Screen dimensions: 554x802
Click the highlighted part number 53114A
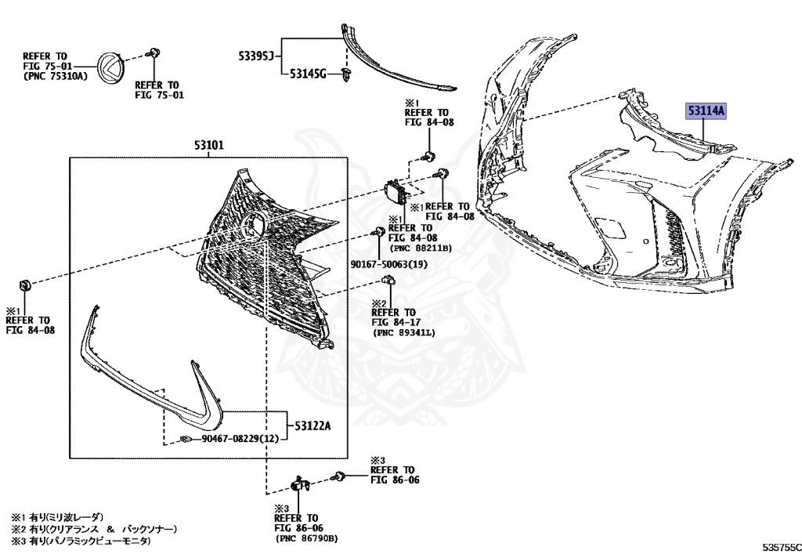(706, 113)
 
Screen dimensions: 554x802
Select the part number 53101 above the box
(209, 146)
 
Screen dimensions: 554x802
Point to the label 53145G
(307, 74)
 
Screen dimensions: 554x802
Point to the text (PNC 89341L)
(404, 333)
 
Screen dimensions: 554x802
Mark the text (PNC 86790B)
(305, 538)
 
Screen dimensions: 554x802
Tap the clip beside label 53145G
(348, 74)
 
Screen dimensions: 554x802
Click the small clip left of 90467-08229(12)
(186, 439)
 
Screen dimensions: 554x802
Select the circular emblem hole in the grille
(255, 226)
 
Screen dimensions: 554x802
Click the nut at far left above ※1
(23, 283)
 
